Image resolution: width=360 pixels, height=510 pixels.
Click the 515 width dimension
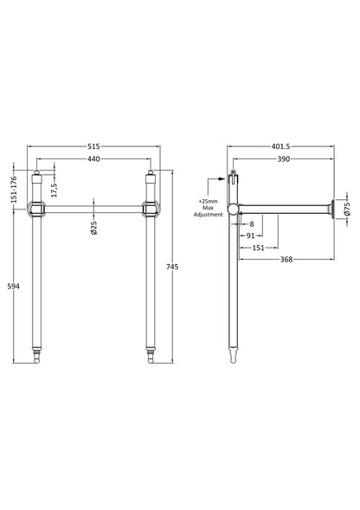tap(93, 146)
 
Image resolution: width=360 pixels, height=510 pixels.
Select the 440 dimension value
tap(93, 159)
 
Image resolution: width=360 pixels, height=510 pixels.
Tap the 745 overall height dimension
tap(172, 267)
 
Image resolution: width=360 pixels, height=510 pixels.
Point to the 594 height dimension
tap(13, 287)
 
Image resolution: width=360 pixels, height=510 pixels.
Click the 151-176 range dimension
tap(13, 190)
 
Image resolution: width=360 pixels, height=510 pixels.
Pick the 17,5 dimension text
tap(54, 190)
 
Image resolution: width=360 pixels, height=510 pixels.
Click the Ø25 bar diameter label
tap(93, 228)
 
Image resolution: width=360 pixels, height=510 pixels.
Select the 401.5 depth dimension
tap(280, 146)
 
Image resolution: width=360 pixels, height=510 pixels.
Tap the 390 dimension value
tap(283, 159)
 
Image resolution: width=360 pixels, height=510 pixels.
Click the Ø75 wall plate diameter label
tap(347, 209)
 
